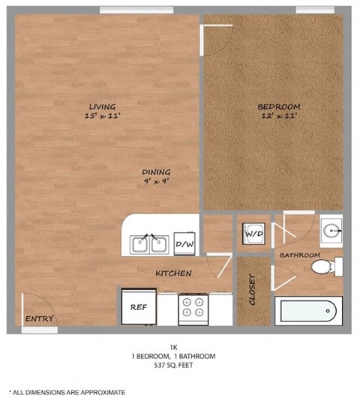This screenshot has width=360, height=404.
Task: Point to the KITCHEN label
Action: pos(173,273)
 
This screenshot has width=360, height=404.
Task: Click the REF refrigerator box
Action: pos(138,306)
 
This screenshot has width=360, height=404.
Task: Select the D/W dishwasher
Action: pos(184,244)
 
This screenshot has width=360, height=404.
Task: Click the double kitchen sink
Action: pos(149,244)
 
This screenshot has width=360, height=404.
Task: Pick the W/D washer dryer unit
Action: pos(251,234)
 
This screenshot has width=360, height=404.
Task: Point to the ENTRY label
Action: pos(39,319)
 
